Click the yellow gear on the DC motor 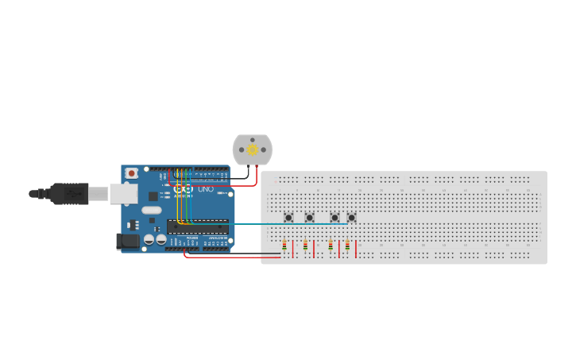[253, 149]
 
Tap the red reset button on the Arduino [131, 172]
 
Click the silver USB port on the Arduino [123, 193]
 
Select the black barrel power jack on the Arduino [126, 241]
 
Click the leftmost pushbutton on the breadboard [289, 217]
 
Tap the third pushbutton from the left [334, 217]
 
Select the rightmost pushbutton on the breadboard [351, 217]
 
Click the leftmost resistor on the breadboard [284, 246]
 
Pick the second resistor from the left [305, 246]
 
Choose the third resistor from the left [331, 246]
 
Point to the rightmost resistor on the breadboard [347, 246]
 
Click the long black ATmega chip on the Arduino [198, 226]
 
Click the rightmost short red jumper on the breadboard [356, 250]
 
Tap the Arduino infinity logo [184, 190]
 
